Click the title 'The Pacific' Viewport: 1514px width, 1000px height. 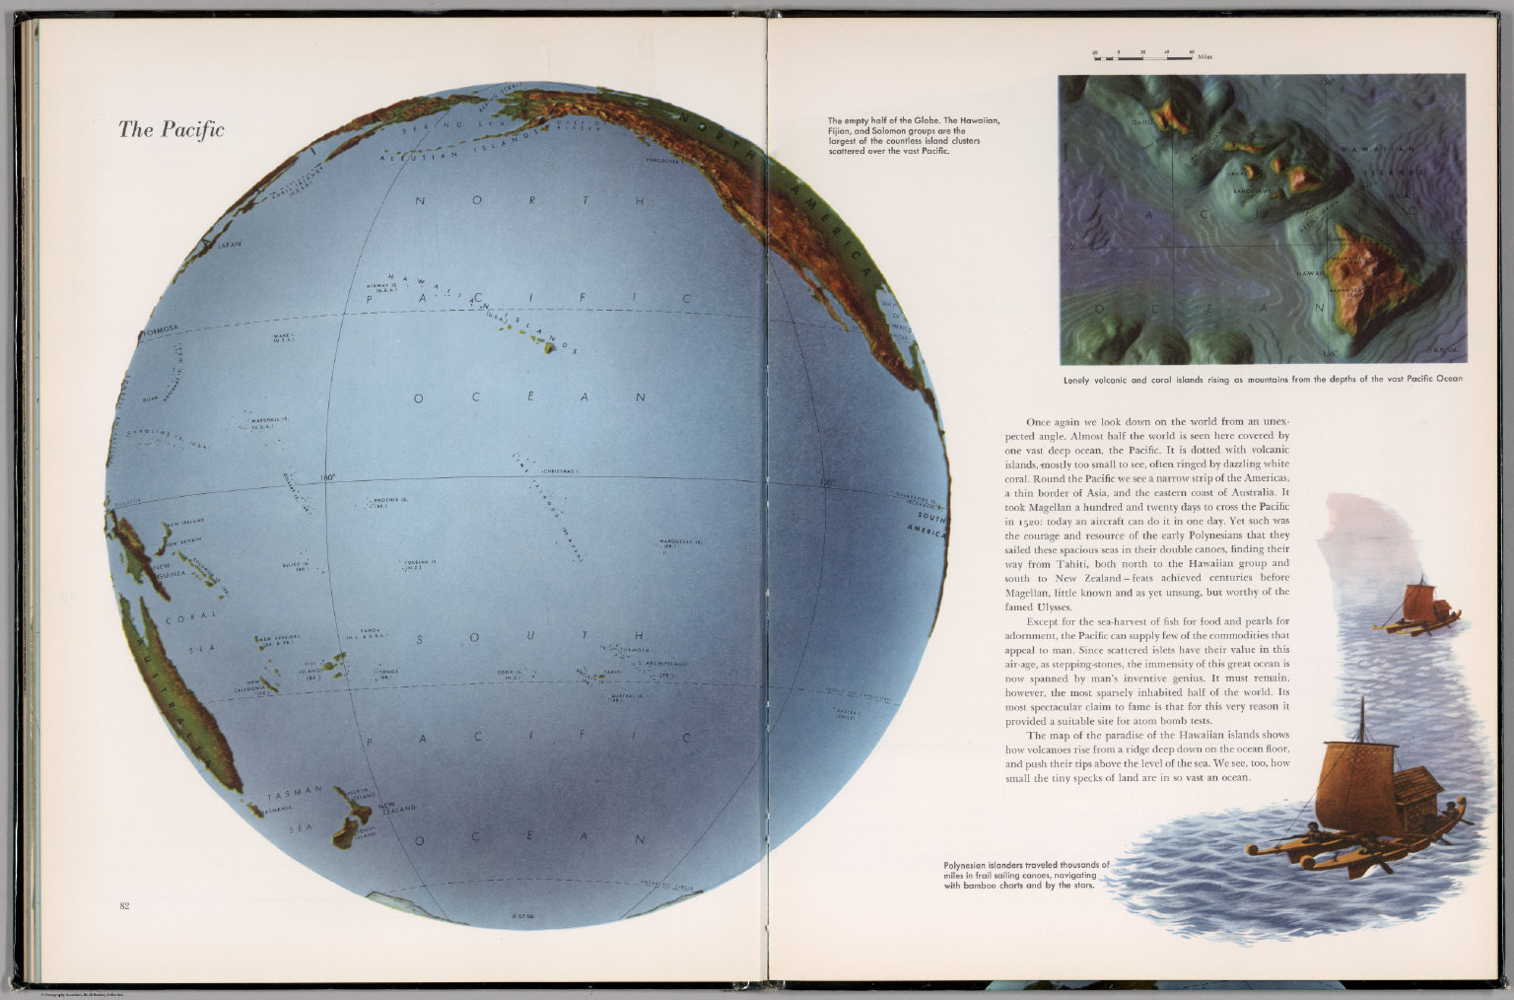pos(172,129)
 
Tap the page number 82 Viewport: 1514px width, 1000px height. pos(124,905)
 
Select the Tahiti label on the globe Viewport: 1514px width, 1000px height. pos(615,670)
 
